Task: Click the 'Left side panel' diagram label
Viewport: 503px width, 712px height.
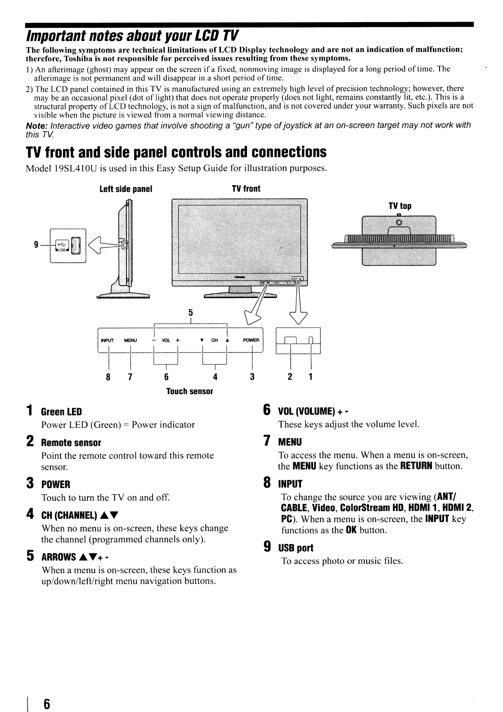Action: coord(126,189)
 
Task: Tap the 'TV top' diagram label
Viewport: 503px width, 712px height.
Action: coord(400,206)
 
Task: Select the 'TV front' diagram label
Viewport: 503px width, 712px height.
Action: coord(246,189)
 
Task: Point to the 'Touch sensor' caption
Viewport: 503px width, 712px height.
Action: coord(189,391)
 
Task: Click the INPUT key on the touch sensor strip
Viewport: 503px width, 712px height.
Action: coord(108,340)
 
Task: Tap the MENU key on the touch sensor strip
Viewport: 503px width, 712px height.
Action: coord(130,340)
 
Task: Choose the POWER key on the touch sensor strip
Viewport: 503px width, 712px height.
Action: coord(251,340)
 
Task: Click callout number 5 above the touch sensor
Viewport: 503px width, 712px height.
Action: coord(191,312)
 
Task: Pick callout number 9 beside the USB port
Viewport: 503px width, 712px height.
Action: coord(36,245)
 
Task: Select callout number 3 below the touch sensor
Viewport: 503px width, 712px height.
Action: coord(252,376)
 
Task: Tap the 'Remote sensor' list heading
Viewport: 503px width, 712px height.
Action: coord(71,443)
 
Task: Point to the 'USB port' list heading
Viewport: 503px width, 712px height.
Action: coord(296,548)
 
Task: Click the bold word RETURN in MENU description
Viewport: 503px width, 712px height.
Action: coord(413,466)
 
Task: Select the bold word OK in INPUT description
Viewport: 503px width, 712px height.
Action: coord(350,530)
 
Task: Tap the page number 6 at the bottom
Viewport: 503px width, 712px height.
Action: coord(46,703)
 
